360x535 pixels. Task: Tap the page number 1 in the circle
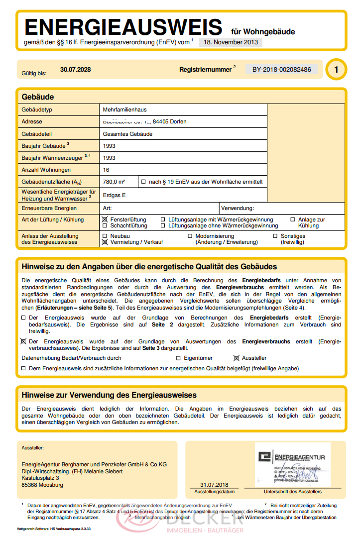(336, 70)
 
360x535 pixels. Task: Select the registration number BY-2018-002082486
(282, 70)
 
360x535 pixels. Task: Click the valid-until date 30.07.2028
(75, 70)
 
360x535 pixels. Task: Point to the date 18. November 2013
(231, 42)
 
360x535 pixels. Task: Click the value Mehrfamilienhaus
(124, 109)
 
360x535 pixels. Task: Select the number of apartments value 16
(106, 170)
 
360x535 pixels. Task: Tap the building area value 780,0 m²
(114, 182)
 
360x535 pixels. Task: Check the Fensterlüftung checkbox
(105, 219)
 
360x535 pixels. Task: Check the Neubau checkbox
(105, 236)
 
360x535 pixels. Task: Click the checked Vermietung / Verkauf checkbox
(105, 242)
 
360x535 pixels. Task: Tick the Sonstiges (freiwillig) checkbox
(275, 236)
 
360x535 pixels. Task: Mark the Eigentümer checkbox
(179, 358)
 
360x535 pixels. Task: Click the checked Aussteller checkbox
(237, 358)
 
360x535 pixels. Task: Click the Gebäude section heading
(38, 97)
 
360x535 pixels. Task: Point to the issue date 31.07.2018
(214, 485)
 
